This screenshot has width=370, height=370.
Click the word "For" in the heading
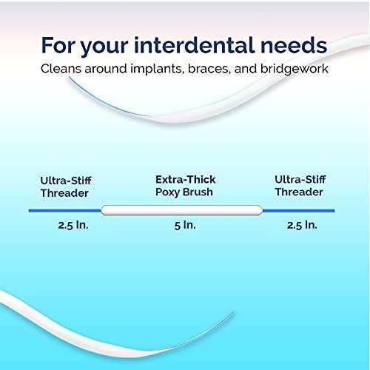click(x=61, y=44)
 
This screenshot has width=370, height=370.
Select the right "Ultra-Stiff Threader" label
click(x=298, y=186)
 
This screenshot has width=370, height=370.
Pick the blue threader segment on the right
click(x=303, y=209)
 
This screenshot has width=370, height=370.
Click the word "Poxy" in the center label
click(x=167, y=193)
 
